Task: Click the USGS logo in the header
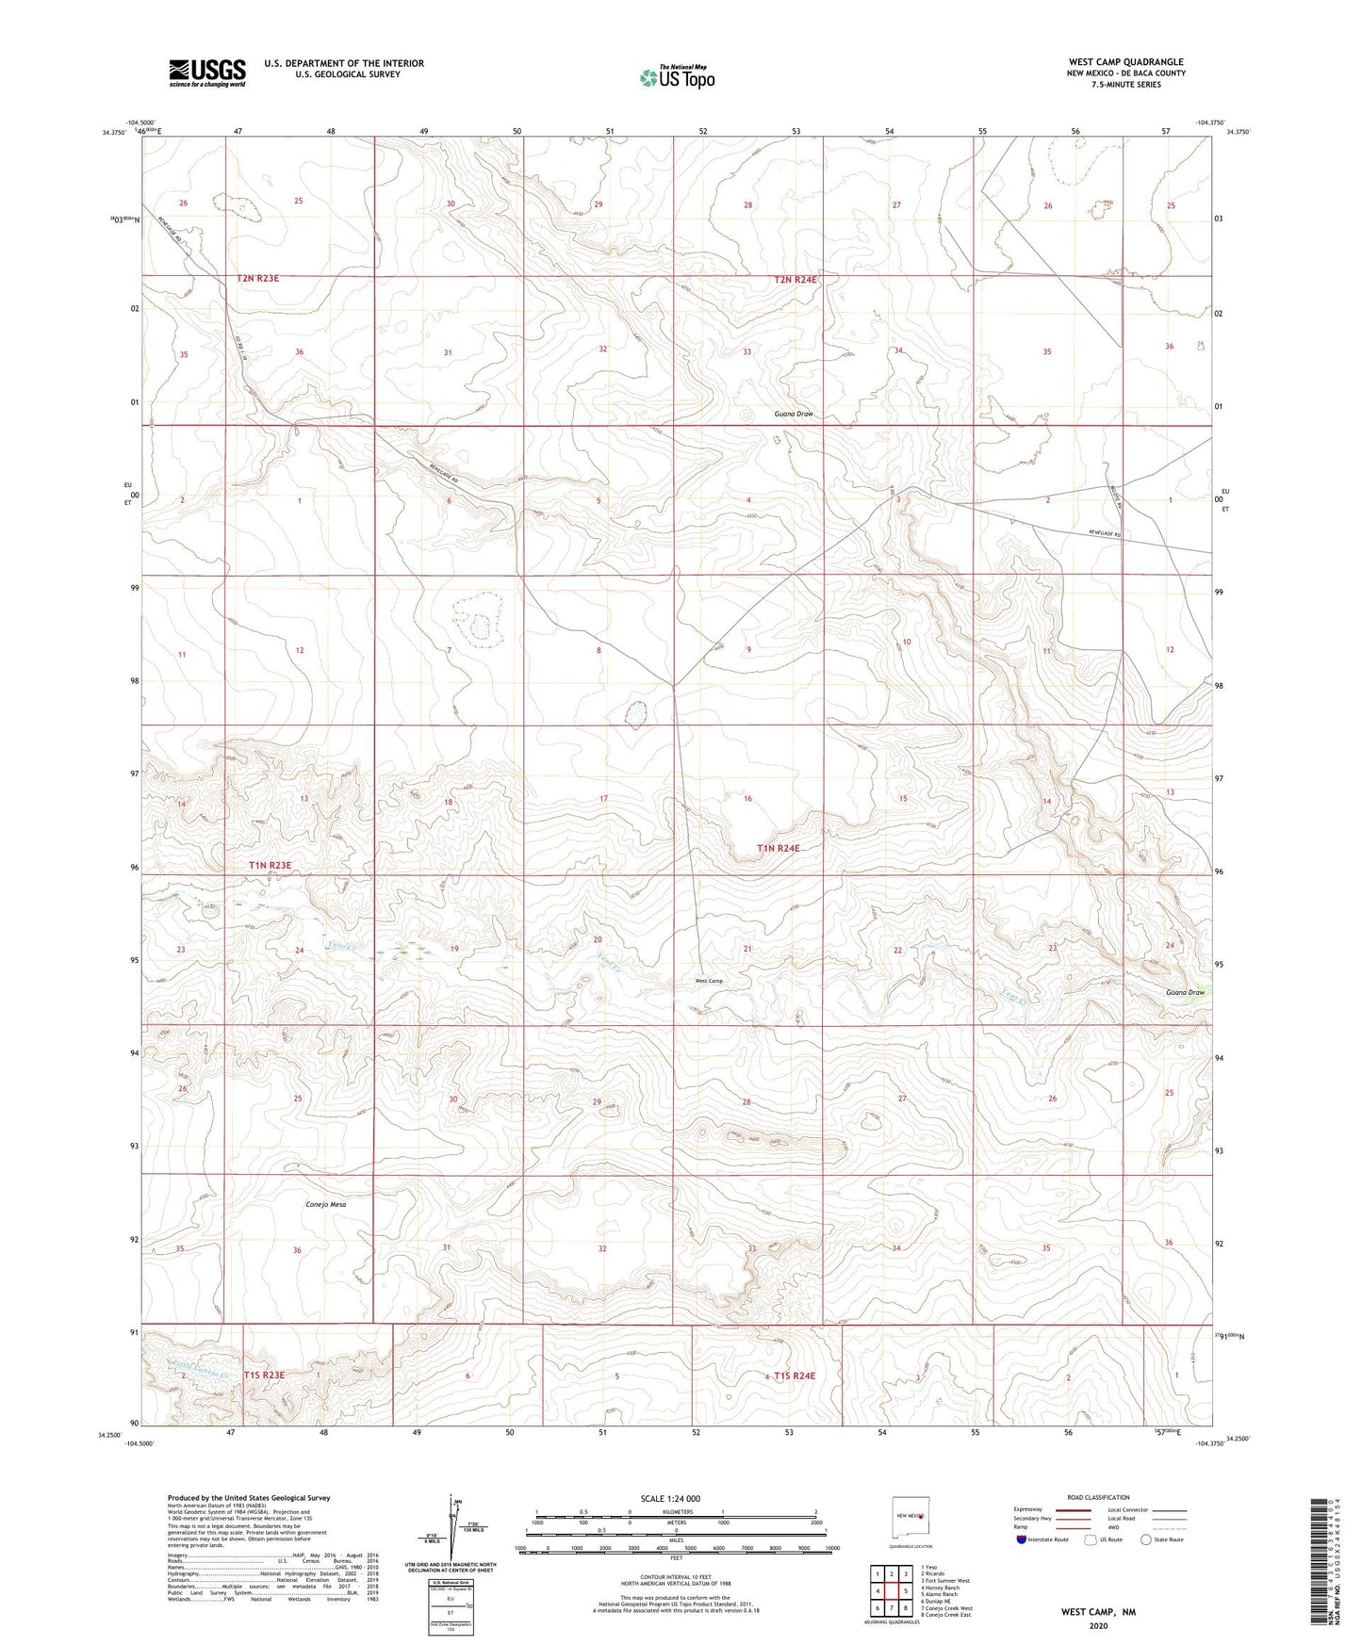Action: click(206, 73)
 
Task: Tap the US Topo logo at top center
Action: click(676, 77)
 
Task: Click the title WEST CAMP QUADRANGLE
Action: click(1125, 61)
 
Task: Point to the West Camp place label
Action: click(709, 981)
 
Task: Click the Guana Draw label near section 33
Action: click(794, 414)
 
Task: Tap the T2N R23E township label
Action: click(258, 279)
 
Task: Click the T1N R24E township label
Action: click(778, 848)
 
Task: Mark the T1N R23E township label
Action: click(271, 865)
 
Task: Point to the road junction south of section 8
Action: click(673, 685)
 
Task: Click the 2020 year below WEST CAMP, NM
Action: click(1098, 1625)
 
